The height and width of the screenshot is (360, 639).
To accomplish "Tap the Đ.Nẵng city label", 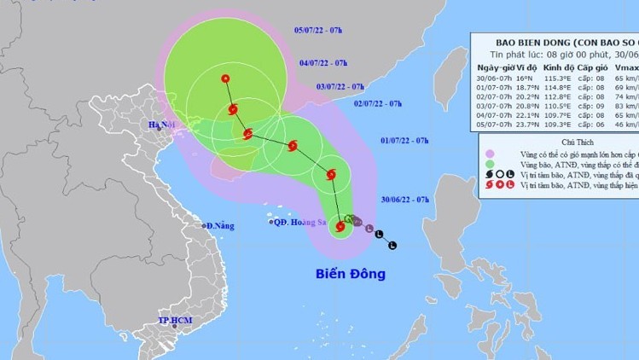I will (219, 226).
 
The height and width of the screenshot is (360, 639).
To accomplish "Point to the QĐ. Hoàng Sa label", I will (298, 222).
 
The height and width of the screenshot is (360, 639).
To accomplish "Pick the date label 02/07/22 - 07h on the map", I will (378, 103).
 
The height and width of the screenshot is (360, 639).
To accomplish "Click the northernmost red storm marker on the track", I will (225, 79).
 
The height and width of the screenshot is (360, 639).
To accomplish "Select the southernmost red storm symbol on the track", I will (340, 227).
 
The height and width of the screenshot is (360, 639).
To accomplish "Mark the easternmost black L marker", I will (392, 246).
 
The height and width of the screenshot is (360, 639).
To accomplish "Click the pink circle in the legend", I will (490, 154).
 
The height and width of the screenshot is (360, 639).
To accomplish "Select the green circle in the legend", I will (490, 164).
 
